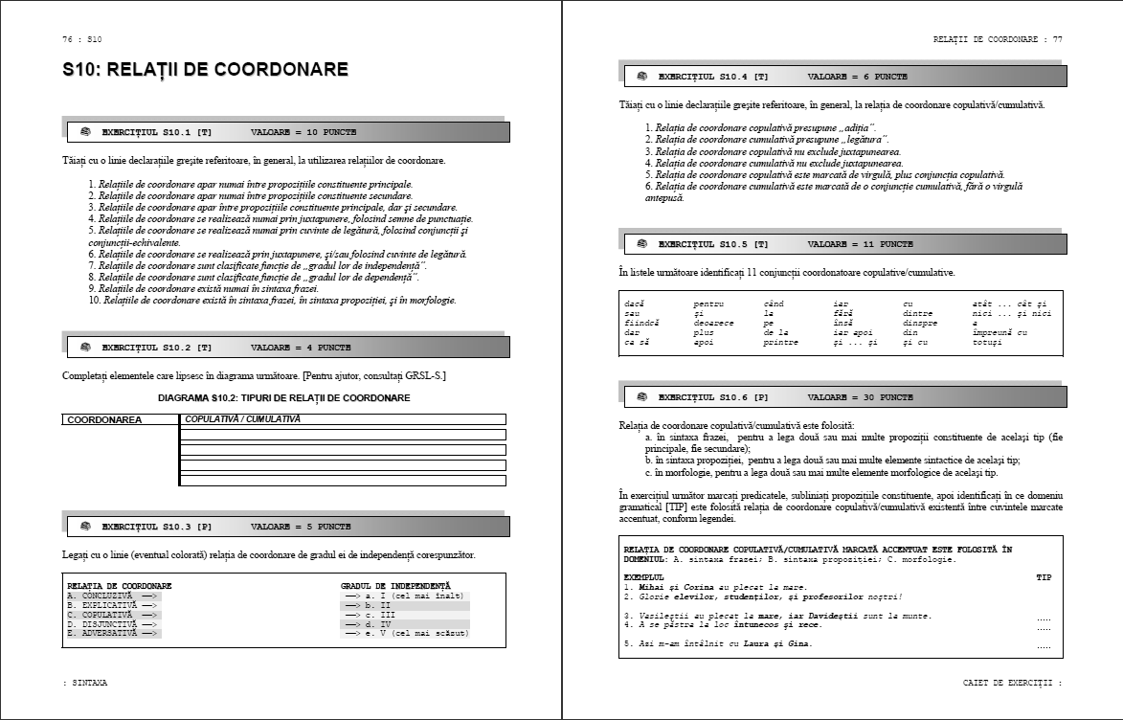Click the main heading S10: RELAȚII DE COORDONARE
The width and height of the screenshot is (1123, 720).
pos(205,70)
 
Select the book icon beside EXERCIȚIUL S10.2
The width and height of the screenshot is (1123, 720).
pos(84,347)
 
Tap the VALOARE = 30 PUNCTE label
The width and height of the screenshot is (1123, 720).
pos(860,396)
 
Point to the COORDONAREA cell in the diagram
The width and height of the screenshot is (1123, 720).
pos(104,419)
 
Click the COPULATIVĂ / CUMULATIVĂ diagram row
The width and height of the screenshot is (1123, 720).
pos(343,419)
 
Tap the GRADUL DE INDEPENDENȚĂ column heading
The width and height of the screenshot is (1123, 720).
pos(395,585)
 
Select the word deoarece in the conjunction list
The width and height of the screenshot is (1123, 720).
pos(713,322)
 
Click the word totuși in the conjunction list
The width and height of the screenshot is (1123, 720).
pos(987,341)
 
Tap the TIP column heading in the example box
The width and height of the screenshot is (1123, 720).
pos(1044,577)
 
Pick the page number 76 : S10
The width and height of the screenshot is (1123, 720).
pos(81,39)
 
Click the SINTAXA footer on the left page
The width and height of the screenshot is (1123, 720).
pos(85,683)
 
